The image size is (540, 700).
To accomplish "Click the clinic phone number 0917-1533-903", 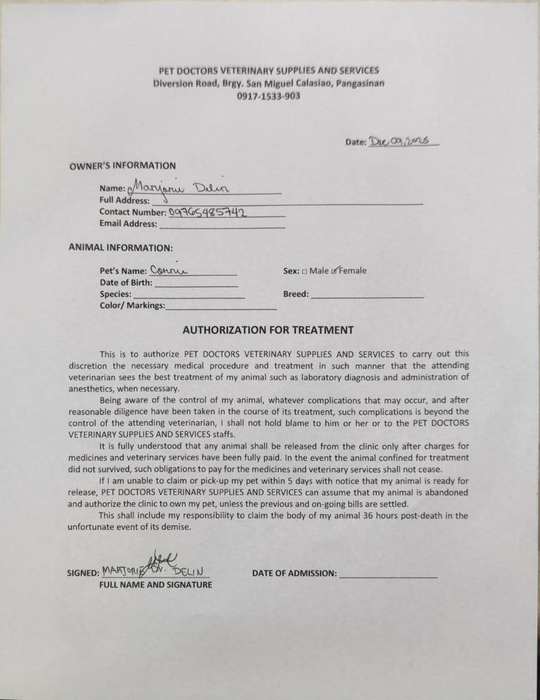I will tap(269, 96).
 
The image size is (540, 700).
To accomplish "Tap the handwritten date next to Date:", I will tap(403, 141).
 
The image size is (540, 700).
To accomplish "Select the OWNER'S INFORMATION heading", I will tap(122, 165).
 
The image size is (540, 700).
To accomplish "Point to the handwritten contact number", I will tap(209, 211).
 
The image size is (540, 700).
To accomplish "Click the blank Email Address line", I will tap(221, 225).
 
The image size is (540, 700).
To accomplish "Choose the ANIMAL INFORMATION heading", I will tap(120, 247).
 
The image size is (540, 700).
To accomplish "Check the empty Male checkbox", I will tap(304, 271).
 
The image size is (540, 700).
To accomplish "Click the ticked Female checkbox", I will tap(334, 271).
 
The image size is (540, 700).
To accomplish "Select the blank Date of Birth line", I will tap(196, 283).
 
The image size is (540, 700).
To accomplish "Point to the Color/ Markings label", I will tap(132, 305).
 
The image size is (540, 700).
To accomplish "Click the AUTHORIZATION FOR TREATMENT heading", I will tap(268, 330).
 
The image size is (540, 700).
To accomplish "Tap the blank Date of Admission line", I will tap(388, 574).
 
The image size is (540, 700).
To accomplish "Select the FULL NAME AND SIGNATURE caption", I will tap(155, 585).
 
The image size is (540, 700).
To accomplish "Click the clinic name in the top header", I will tap(269, 71).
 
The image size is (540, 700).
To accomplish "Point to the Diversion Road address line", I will tap(269, 84).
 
